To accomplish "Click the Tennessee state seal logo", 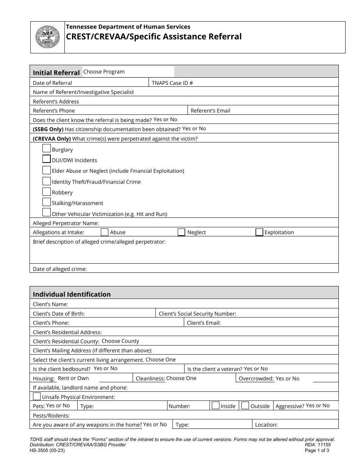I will (47, 37).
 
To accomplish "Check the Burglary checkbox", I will (47, 148).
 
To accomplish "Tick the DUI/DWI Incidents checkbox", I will (47, 159).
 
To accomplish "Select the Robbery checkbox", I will (47, 191).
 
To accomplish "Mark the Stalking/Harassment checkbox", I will (47, 202).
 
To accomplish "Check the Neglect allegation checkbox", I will (182, 232).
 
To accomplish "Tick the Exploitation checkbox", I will (259, 232).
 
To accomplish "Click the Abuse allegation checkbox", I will (105, 232).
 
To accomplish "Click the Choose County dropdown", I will (121, 341).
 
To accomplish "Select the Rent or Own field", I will (74, 378).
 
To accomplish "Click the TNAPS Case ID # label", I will (172, 83).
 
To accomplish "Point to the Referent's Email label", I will (210, 111).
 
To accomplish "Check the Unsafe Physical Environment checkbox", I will (37, 396).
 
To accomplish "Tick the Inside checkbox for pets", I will (216, 405).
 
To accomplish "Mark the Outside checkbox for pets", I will (245, 405).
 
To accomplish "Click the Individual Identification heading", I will (72, 294).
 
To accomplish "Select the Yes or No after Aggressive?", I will (318, 405).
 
